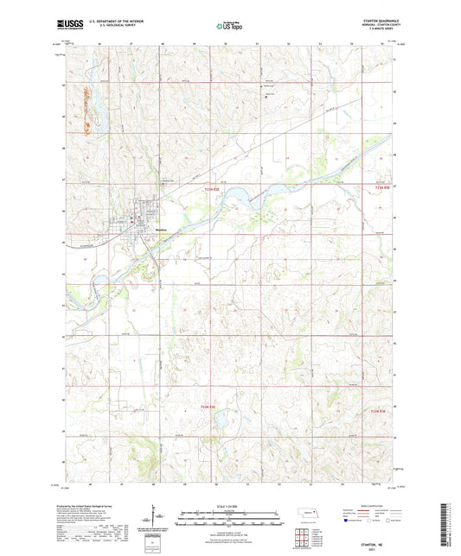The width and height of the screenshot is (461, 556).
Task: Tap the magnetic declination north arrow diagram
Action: tap(158, 518)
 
